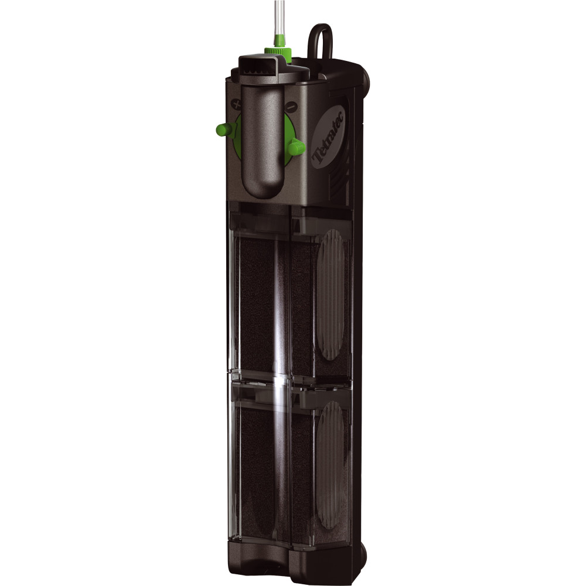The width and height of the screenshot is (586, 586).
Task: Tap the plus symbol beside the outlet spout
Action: point(236,104)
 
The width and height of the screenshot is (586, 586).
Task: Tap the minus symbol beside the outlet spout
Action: point(290,107)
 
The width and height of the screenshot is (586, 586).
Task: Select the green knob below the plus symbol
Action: point(226,130)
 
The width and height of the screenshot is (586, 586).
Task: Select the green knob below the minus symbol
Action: point(297,147)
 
